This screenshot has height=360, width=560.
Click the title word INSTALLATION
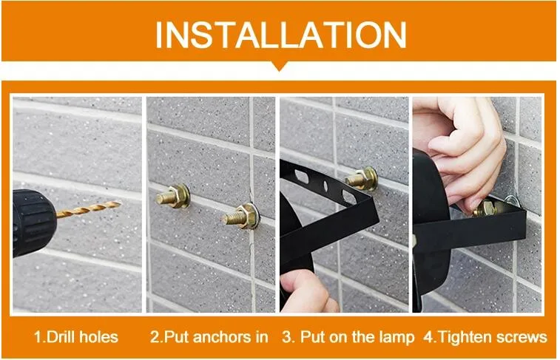click(x=280, y=33)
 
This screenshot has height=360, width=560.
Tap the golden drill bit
click(x=88, y=209)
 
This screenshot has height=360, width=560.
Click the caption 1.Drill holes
click(x=76, y=337)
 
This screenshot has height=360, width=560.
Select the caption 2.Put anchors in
click(x=209, y=337)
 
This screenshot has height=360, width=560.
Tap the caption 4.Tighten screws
click(x=485, y=337)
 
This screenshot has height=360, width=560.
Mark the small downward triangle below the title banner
click(x=280, y=66)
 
